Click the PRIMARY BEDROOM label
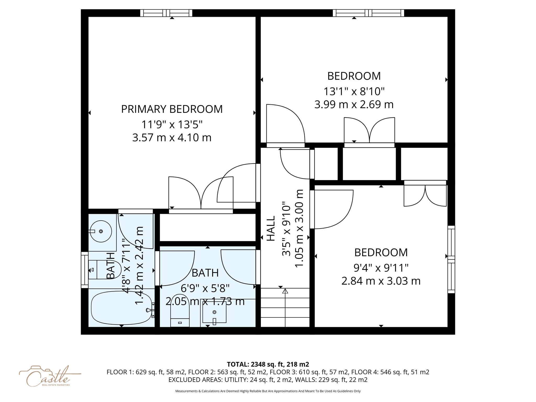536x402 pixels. (x=172, y=109)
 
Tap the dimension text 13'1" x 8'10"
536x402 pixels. (x=354, y=92)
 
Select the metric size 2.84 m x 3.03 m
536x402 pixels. (x=381, y=281)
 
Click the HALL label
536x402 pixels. (x=271, y=228)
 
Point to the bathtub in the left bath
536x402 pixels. (x=121, y=308)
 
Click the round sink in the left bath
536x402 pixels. (x=101, y=231)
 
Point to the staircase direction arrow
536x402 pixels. (x=285, y=291)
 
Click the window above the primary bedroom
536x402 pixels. (x=166, y=13)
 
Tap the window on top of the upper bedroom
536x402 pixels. (x=368, y=13)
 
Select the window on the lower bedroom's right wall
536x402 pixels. (x=451, y=259)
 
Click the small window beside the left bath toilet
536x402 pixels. (x=85, y=270)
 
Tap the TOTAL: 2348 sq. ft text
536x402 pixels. (x=268, y=364)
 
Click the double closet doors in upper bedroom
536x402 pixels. (x=369, y=131)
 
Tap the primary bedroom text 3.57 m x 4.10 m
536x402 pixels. (x=172, y=138)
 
